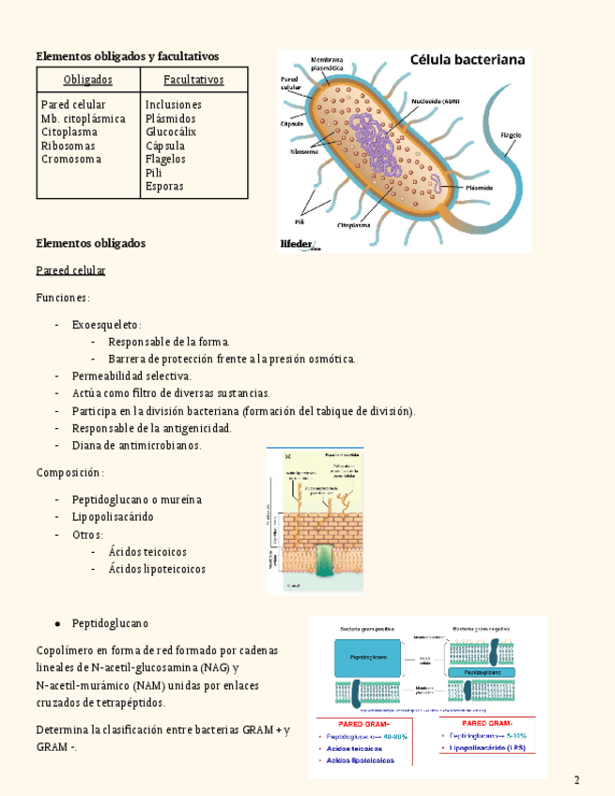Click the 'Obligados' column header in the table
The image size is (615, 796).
87,80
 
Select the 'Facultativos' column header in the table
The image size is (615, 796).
193,80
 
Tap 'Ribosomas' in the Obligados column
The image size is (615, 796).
68,145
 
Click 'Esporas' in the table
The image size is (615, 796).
164,186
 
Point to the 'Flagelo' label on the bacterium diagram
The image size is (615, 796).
511,134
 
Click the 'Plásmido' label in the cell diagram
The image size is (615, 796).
476,188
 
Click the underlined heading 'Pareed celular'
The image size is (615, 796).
70,270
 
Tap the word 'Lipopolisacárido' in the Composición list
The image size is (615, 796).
113,517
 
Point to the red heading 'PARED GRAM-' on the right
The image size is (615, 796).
486,724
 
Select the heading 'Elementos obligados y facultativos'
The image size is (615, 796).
127,55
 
